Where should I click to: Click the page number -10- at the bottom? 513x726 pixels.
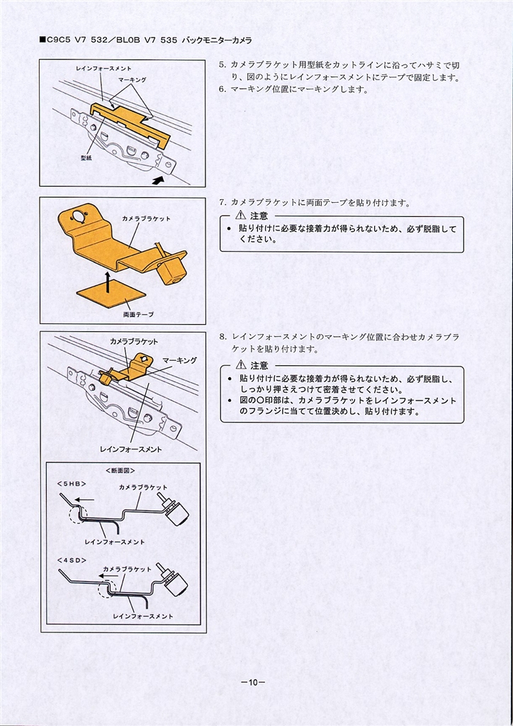252,683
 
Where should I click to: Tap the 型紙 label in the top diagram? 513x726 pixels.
86,158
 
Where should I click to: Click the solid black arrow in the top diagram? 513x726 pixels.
158,179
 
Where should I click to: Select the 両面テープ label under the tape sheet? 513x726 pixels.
138,315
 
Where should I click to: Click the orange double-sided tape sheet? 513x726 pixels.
111,297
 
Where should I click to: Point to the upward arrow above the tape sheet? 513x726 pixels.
107,282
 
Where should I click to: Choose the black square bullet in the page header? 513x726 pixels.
42,40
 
